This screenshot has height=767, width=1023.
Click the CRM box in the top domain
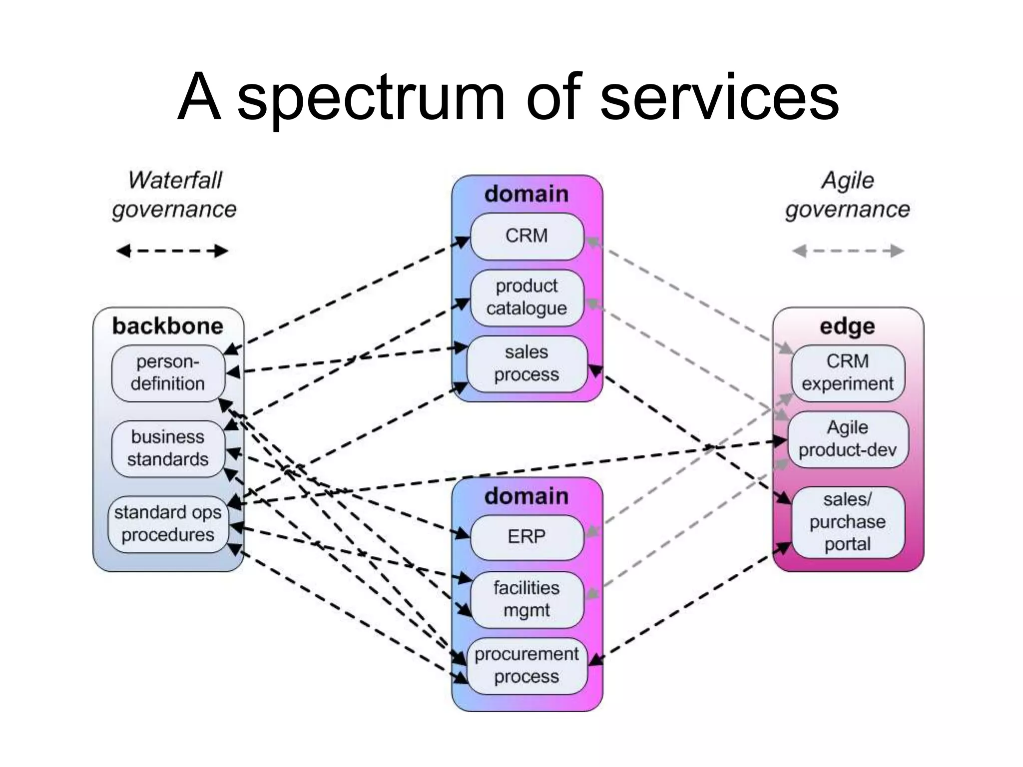[526, 236]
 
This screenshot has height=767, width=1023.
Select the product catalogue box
[526, 298]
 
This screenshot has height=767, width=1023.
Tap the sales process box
[526, 364]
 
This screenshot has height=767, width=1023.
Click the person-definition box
[168, 373]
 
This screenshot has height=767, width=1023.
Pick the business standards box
[168, 448]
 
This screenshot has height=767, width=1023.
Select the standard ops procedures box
[168, 524]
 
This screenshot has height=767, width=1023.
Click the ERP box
[526, 537]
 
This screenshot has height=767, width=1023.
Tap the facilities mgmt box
[526, 599]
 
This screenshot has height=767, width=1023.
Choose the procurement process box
[526, 666]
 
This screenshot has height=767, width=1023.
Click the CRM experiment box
[847, 373]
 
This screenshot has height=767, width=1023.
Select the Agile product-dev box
[847, 439]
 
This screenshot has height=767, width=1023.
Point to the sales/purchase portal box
[847, 522]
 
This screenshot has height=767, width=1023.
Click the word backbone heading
[168, 326]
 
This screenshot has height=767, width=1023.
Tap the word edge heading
[847, 327]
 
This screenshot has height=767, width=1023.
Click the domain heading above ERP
[526, 496]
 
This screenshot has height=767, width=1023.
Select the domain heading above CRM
[526, 194]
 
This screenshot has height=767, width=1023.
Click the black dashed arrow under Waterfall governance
[172, 251]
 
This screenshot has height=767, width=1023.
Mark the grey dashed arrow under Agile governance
[848, 251]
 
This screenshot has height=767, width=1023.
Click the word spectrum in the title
[371, 98]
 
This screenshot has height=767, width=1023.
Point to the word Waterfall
[175, 180]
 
